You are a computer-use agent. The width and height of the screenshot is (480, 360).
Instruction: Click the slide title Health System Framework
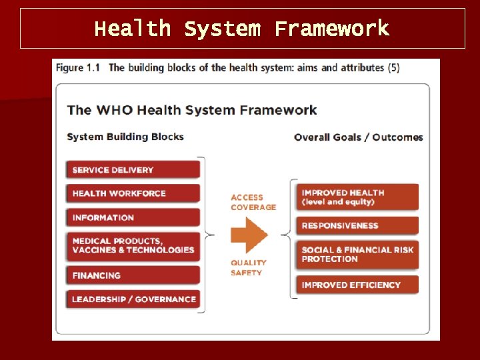click(x=242, y=29)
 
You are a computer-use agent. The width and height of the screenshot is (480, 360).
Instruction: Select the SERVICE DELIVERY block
click(x=133, y=169)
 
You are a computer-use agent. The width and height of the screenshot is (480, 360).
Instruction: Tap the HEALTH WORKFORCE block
click(x=133, y=193)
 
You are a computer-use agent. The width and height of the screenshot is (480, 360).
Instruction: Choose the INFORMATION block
click(x=133, y=217)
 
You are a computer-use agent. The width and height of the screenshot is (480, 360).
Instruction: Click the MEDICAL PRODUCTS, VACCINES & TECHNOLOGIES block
click(x=133, y=245)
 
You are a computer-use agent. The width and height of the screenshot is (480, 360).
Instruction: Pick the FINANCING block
click(x=133, y=275)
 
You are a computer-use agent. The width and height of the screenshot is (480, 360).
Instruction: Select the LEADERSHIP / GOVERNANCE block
click(x=133, y=299)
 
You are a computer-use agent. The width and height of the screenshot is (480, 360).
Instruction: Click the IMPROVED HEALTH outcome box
click(x=357, y=197)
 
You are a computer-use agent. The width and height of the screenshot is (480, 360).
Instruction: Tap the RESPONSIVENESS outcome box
click(x=357, y=225)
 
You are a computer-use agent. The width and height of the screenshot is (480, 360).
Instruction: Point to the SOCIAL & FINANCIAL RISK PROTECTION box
click(x=357, y=254)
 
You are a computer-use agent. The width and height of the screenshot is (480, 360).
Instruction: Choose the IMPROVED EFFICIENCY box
click(x=357, y=285)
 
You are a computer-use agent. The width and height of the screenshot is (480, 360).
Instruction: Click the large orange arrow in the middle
click(x=249, y=235)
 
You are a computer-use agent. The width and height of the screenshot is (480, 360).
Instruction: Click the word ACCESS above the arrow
click(x=247, y=197)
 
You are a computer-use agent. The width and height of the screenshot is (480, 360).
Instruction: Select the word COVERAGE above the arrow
click(x=253, y=207)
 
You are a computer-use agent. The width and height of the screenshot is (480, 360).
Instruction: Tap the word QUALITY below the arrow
click(x=249, y=263)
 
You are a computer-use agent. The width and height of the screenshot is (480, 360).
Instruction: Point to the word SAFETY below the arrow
click(x=247, y=273)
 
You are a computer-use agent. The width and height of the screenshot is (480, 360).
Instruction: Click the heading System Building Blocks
click(x=125, y=137)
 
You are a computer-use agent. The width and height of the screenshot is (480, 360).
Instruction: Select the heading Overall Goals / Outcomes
click(x=359, y=137)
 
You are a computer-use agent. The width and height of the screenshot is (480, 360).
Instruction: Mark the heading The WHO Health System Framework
click(x=192, y=110)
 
